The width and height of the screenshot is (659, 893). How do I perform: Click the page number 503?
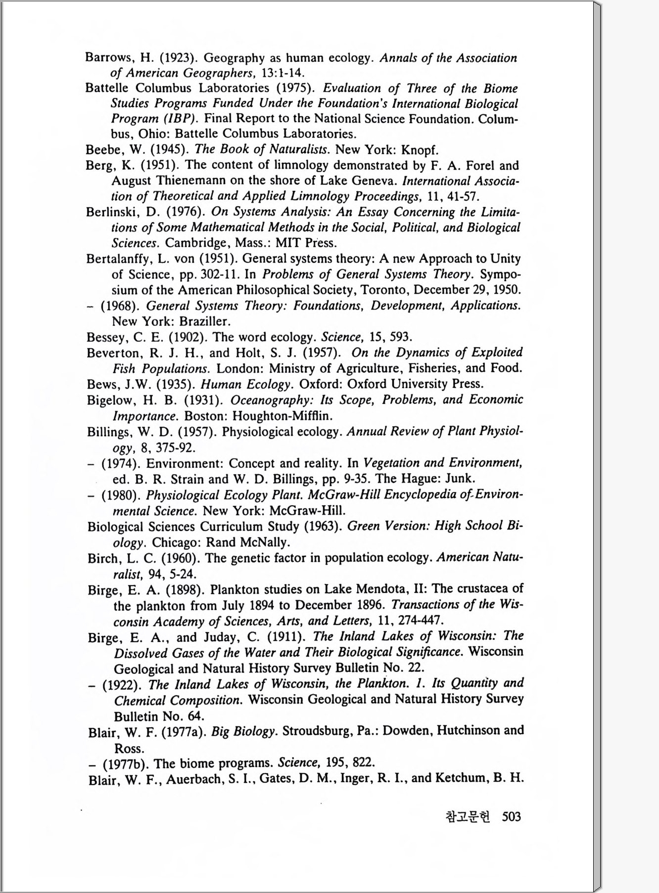[x=511, y=816]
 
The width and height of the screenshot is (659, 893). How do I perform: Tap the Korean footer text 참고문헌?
[x=468, y=816]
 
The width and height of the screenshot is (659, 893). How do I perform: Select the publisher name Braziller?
[x=204, y=321]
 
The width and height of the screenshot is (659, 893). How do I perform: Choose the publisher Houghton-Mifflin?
[x=282, y=415]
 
